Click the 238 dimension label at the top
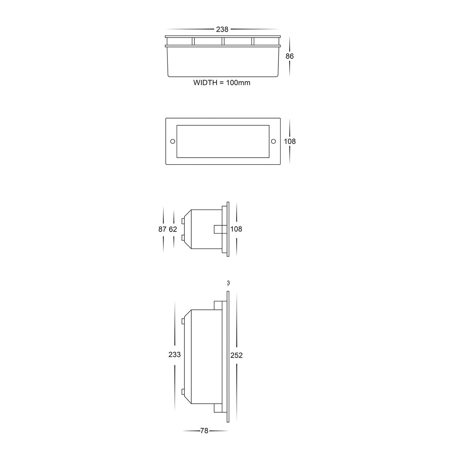222,30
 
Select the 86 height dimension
289,56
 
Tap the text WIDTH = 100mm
222,83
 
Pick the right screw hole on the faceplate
273,141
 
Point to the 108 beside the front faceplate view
290,141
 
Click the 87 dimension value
162,229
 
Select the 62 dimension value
173,229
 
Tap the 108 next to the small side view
236,229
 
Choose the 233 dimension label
175,355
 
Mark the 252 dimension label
236,355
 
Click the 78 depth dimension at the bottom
204,431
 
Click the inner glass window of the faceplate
222,141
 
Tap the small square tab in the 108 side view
218,229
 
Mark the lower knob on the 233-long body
183,392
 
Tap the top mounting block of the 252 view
218,305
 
